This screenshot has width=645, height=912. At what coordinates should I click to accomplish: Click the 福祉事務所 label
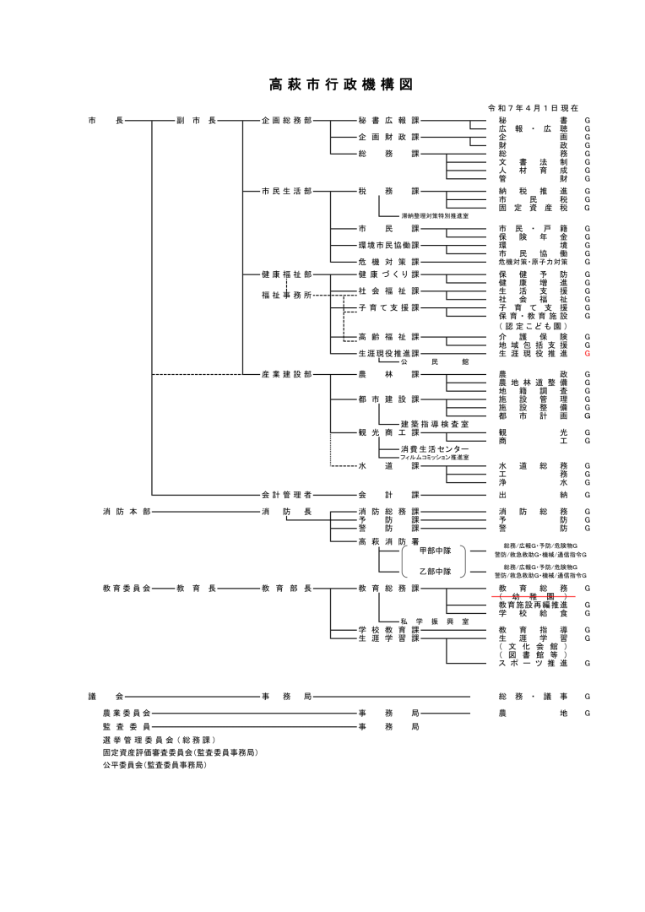coord(286,295)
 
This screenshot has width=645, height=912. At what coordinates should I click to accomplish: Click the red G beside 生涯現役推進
coord(587,354)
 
